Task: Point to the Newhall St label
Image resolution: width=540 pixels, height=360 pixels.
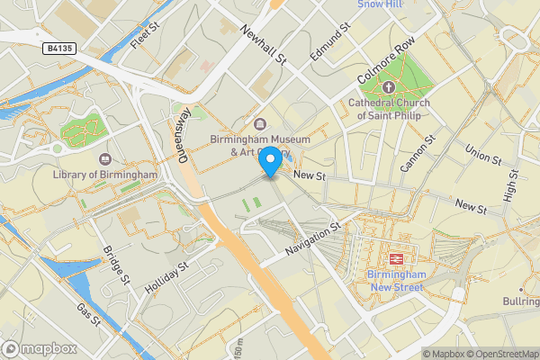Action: point(263,44)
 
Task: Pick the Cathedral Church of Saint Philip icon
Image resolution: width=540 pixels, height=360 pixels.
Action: point(388,87)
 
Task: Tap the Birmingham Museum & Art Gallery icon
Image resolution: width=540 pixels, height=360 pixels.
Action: point(260,124)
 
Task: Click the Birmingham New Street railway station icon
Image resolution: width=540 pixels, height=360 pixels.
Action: point(396,254)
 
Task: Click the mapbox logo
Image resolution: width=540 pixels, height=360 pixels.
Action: point(39,348)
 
